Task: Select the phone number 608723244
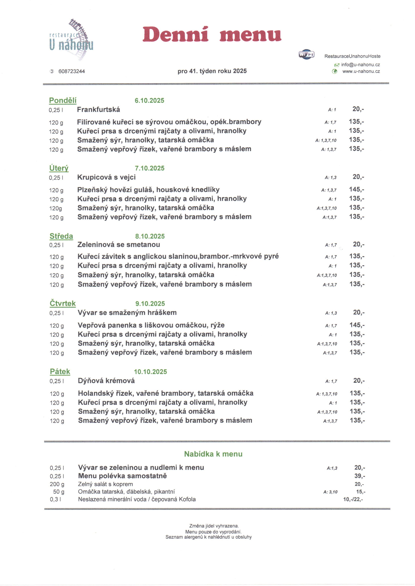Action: pos(72,71)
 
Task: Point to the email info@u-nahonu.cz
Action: pos(360,65)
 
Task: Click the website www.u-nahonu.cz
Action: pos(361,71)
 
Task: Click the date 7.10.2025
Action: pos(149,168)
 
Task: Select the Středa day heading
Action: pos(61,236)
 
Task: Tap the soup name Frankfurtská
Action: pos(98,110)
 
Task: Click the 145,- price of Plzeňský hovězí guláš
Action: pos(356,189)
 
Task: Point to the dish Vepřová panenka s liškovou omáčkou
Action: pos(151,325)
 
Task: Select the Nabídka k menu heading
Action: pos(213,454)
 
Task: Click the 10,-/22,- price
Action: pos(353,499)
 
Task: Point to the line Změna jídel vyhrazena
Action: pos(214,526)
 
